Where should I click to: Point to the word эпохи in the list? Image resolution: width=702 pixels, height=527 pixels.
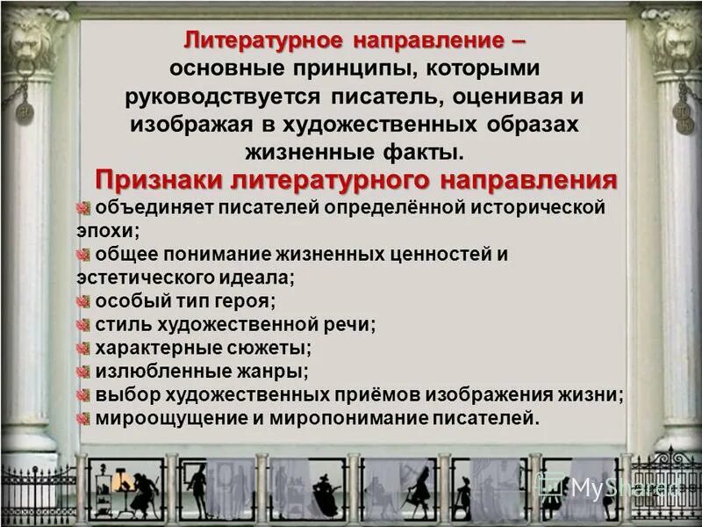[105, 230]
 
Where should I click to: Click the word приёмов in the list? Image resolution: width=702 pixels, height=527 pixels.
[386, 394]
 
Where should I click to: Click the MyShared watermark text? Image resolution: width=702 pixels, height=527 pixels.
[614, 488]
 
